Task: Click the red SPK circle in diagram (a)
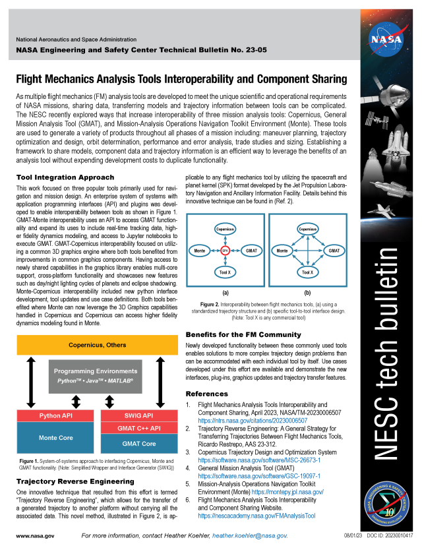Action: [x=224, y=251]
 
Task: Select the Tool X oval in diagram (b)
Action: [x=307, y=272]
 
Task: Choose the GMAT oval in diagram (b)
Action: [x=334, y=251]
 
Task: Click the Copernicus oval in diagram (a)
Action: [x=224, y=229]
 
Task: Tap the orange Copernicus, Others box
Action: [x=97, y=344]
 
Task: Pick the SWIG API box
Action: [x=138, y=417]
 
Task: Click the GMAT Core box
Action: [x=138, y=444]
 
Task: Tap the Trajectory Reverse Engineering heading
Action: [x=75, y=482]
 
